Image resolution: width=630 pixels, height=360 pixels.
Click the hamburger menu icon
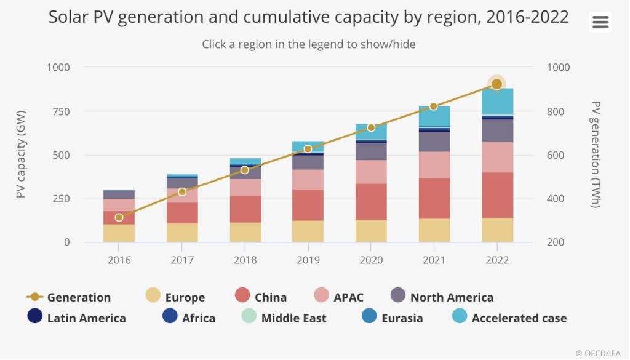click(x=600, y=23)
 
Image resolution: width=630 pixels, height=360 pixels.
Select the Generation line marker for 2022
click(x=496, y=84)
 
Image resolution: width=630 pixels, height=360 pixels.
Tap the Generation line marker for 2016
click(x=119, y=217)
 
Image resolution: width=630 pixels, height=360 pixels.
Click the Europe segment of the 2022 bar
click(x=498, y=230)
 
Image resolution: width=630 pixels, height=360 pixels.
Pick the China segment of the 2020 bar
click(x=371, y=201)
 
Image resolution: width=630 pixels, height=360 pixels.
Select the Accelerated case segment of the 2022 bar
click(x=498, y=101)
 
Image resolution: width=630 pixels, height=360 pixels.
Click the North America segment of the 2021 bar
click(x=434, y=142)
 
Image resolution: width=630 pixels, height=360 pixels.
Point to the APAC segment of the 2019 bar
click(x=308, y=179)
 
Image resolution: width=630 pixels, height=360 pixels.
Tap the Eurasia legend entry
click(x=392, y=318)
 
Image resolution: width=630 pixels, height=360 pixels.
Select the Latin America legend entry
click(x=77, y=318)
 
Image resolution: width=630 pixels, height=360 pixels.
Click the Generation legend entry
click(x=69, y=297)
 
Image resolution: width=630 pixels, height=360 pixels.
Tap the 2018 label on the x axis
click(x=245, y=260)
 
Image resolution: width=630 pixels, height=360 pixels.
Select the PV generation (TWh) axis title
click(x=595, y=154)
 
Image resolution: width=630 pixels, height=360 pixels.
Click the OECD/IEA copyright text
click(x=599, y=353)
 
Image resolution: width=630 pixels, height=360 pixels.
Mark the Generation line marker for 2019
click(x=308, y=149)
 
